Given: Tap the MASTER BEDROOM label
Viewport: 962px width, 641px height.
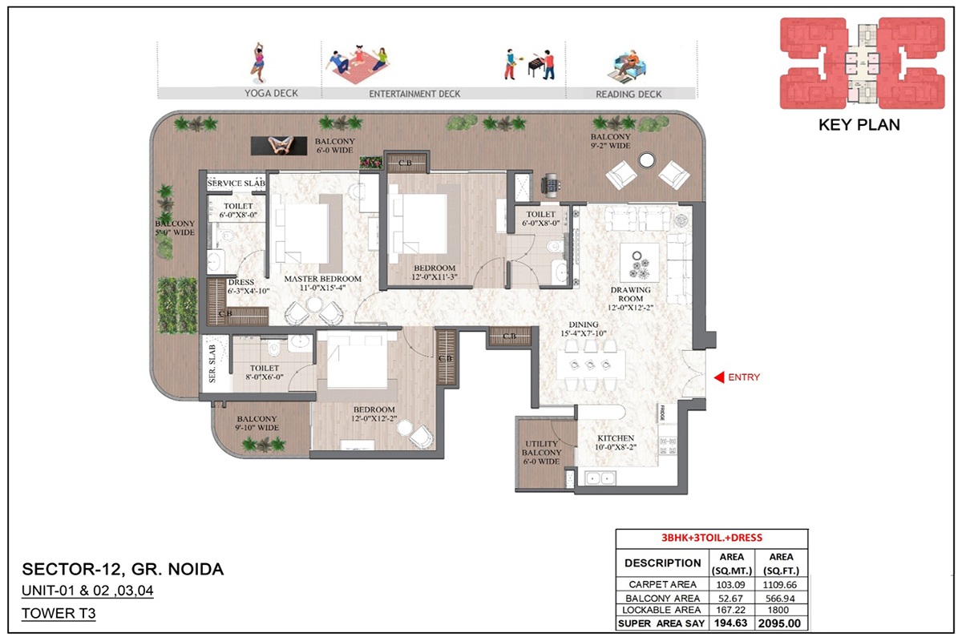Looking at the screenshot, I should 323,279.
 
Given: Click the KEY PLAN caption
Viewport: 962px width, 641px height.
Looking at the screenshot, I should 859,125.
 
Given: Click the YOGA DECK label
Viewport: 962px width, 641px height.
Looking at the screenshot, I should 271,94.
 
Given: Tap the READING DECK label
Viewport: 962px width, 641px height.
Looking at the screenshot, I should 629,94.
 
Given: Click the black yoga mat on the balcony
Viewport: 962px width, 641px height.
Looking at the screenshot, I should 281,145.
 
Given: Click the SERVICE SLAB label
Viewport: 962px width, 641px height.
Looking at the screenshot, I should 236,183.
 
